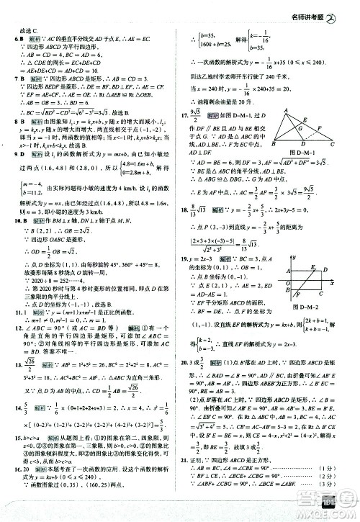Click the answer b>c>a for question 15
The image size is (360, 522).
pyautogui.click(x=26, y=437)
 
